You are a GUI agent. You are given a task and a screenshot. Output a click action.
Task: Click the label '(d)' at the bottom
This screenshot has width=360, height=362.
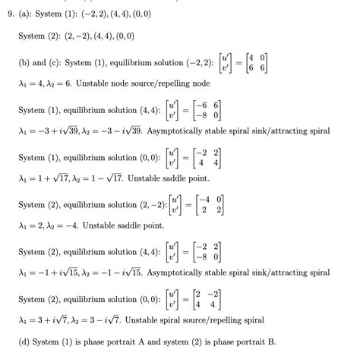click(25, 342)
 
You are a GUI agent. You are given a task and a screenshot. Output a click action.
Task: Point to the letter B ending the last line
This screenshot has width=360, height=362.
click(271, 342)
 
